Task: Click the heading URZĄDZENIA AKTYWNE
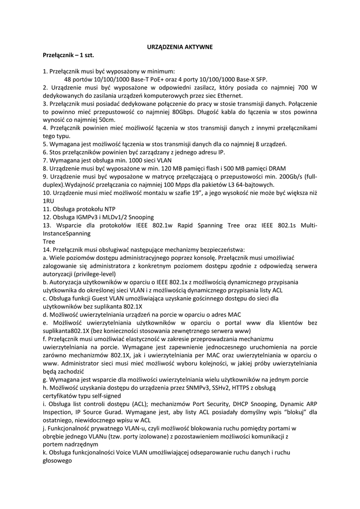pos(180,47)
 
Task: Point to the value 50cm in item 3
pos(106,120)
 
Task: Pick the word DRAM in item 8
pos(275,168)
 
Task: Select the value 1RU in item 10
pos(48,200)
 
